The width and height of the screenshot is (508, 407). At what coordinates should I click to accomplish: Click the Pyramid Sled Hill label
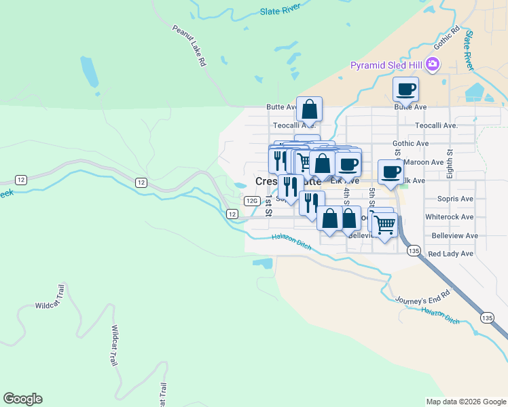click(x=386, y=65)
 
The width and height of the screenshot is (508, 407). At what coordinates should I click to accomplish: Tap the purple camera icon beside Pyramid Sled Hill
click(x=433, y=65)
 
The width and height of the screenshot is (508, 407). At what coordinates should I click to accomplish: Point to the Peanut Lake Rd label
click(x=189, y=45)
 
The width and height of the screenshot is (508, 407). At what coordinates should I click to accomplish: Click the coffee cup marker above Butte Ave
click(x=406, y=89)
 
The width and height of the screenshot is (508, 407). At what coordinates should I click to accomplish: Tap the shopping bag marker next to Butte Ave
click(x=309, y=109)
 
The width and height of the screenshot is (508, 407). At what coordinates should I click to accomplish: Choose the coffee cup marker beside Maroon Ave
click(x=391, y=172)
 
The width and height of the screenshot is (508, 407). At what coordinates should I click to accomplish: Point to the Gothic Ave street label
click(x=410, y=143)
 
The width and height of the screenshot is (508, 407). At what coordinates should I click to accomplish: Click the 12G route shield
click(x=251, y=201)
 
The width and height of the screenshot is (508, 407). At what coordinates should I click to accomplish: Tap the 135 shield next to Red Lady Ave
click(x=413, y=251)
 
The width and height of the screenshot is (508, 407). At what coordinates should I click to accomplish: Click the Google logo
click(x=22, y=399)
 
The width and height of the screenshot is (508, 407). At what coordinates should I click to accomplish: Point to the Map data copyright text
click(x=465, y=402)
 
